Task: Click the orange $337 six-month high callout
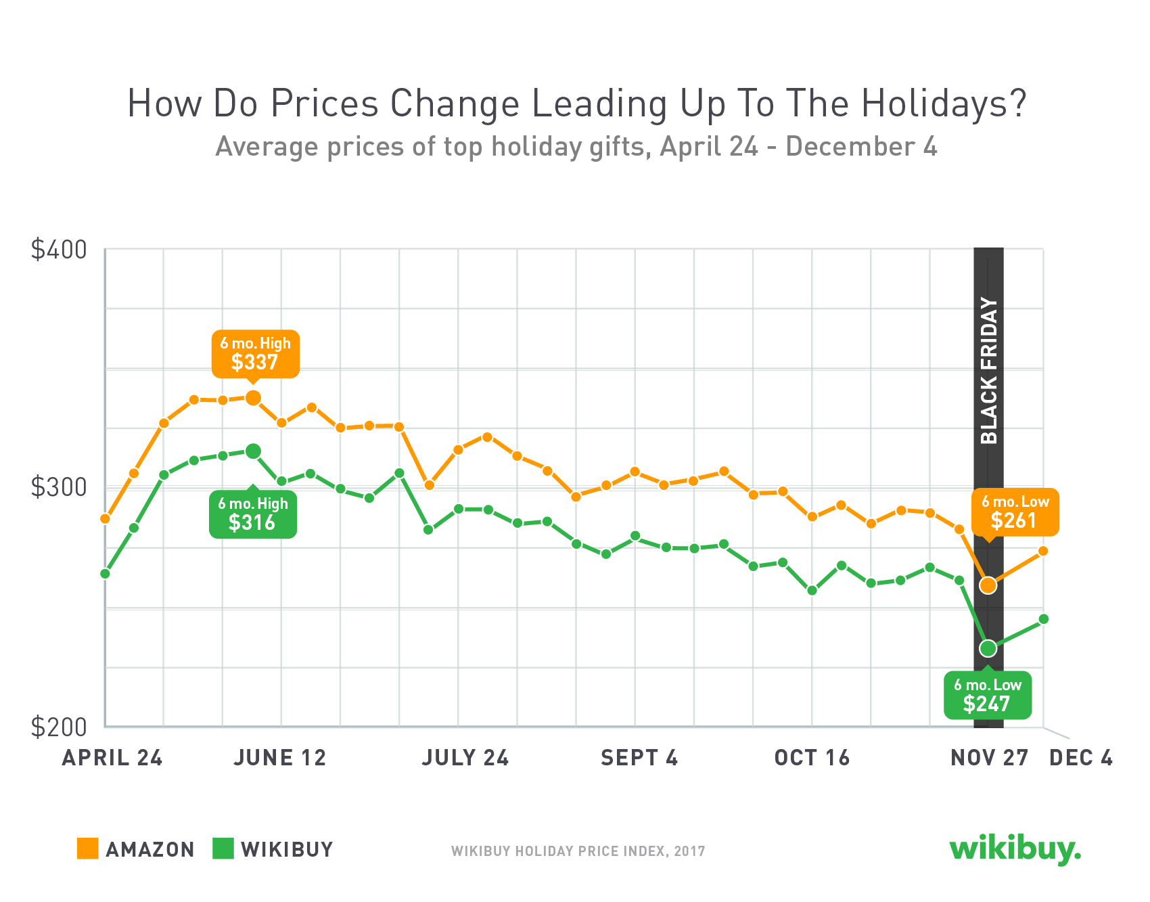(255, 354)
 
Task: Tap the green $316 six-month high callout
(252, 514)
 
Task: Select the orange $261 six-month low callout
(1015, 512)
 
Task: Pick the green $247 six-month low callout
(988, 696)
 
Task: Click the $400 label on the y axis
(59, 250)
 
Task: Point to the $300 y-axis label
(59, 487)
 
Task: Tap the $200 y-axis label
(59, 727)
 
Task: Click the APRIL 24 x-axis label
(112, 758)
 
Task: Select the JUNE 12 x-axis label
(280, 758)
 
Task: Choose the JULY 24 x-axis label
(465, 758)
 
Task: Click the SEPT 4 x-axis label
(639, 758)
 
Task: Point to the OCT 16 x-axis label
(812, 758)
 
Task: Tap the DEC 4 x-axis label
(1080, 758)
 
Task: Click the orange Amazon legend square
(88, 849)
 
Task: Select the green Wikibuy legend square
(223, 849)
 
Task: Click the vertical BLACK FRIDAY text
(989, 371)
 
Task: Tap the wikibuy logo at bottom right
(1015, 849)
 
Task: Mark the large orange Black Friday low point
(988, 585)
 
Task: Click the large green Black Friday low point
(988, 648)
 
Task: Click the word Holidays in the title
(944, 104)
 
